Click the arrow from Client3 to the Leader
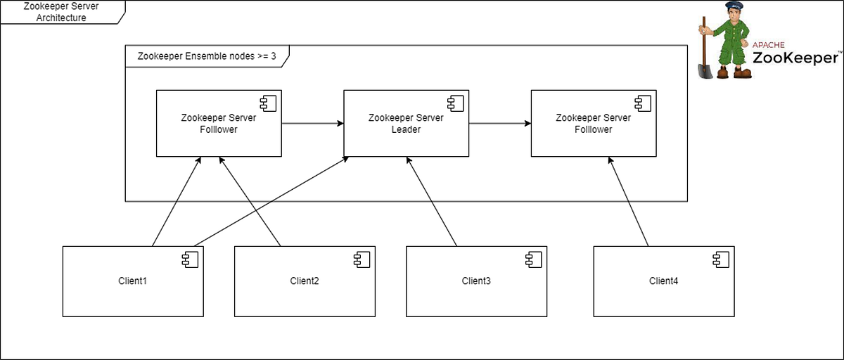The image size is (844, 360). (x=432, y=202)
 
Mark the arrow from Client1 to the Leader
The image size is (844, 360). (x=271, y=202)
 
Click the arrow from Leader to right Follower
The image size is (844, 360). (x=499, y=124)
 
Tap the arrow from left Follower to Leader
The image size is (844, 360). (x=312, y=124)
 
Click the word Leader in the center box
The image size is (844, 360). (x=406, y=129)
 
